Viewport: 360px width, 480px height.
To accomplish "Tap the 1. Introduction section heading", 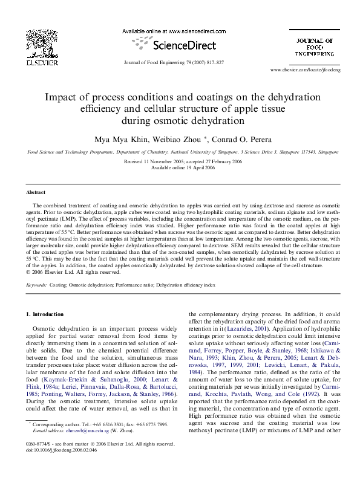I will [x=45, y=314].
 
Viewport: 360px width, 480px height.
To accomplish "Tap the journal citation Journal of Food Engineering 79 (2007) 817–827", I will [x=172, y=62].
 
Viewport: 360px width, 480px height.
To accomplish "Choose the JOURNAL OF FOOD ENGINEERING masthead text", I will [x=314, y=47].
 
